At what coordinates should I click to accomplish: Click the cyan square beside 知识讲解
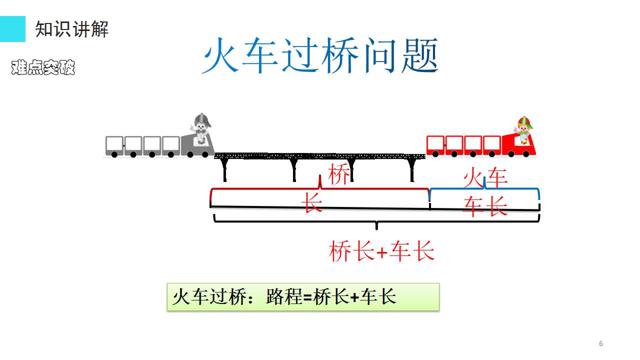12,29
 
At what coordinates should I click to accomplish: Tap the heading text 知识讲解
71,29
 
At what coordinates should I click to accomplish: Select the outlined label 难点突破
43,67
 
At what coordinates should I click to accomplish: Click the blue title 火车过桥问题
320,55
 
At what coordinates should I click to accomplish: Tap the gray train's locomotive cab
197,145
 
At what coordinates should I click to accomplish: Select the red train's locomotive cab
519,145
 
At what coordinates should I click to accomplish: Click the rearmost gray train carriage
114,146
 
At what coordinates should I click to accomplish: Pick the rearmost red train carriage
435,146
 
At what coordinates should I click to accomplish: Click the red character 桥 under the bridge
339,174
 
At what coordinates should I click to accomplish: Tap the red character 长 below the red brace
312,202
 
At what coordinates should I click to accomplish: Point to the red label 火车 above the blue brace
485,177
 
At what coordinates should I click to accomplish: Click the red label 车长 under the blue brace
485,206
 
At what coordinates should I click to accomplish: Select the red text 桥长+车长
381,251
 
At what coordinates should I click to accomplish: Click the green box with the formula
303,297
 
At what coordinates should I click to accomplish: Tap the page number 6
601,343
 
